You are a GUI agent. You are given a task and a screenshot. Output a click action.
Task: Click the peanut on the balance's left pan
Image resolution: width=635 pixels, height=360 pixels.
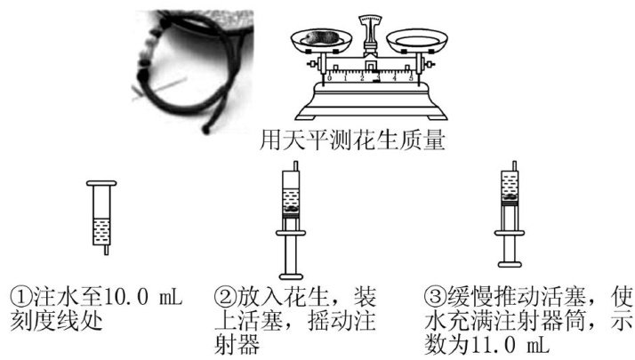[x=321, y=36]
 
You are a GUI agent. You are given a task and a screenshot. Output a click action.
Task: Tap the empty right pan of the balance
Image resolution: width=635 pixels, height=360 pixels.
[x=417, y=41]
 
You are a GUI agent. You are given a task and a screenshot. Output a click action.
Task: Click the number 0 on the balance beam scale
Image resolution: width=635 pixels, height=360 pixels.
[x=329, y=77]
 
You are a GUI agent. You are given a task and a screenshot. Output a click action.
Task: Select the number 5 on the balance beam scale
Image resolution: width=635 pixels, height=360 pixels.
[x=411, y=77]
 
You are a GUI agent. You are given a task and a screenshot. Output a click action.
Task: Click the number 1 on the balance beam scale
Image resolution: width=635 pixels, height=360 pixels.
[x=345, y=77]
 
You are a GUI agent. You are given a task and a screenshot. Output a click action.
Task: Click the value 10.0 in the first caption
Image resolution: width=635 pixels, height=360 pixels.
[x=126, y=297]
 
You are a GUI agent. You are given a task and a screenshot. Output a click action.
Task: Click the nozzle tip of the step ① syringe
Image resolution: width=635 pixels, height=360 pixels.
[x=106, y=253]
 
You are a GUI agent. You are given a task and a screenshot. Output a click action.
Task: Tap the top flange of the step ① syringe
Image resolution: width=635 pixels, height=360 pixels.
[x=101, y=183]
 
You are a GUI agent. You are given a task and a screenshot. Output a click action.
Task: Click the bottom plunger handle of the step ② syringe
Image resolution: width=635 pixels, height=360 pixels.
[x=291, y=276]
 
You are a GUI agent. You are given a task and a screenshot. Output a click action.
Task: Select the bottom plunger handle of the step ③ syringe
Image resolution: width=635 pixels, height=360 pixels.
[x=510, y=264]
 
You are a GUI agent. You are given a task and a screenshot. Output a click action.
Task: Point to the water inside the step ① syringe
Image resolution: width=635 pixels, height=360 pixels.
[x=101, y=232]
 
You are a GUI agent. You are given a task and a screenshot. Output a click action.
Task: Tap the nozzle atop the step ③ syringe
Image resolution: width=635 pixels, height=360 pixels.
[x=514, y=165]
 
